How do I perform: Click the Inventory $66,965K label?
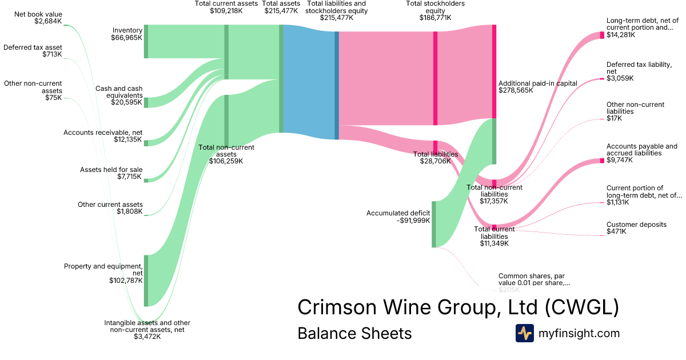point(126,34)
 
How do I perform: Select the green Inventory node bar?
point(146,41)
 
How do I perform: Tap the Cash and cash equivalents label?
point(119,95)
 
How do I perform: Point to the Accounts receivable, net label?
point(103,136)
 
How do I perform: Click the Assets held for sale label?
point(111,173)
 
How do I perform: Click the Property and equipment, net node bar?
point(146,281)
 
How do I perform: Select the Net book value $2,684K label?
point(40,18)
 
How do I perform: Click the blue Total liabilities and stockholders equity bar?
point(337,85)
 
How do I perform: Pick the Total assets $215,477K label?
point(281,7)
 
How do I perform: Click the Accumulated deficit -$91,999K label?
point(398,217)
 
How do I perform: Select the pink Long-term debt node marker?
point(602,35)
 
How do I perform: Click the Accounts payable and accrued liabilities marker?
point(602,161)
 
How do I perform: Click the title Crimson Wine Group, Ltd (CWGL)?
point(458,307)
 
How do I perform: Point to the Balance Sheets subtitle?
point(354,333)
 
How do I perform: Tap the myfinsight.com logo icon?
point(524,333)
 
